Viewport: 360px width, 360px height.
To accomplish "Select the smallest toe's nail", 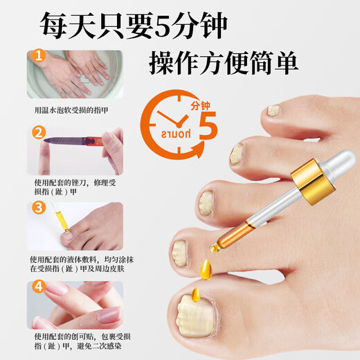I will point(273,110).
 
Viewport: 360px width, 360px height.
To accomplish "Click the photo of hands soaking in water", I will point(76,74).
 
